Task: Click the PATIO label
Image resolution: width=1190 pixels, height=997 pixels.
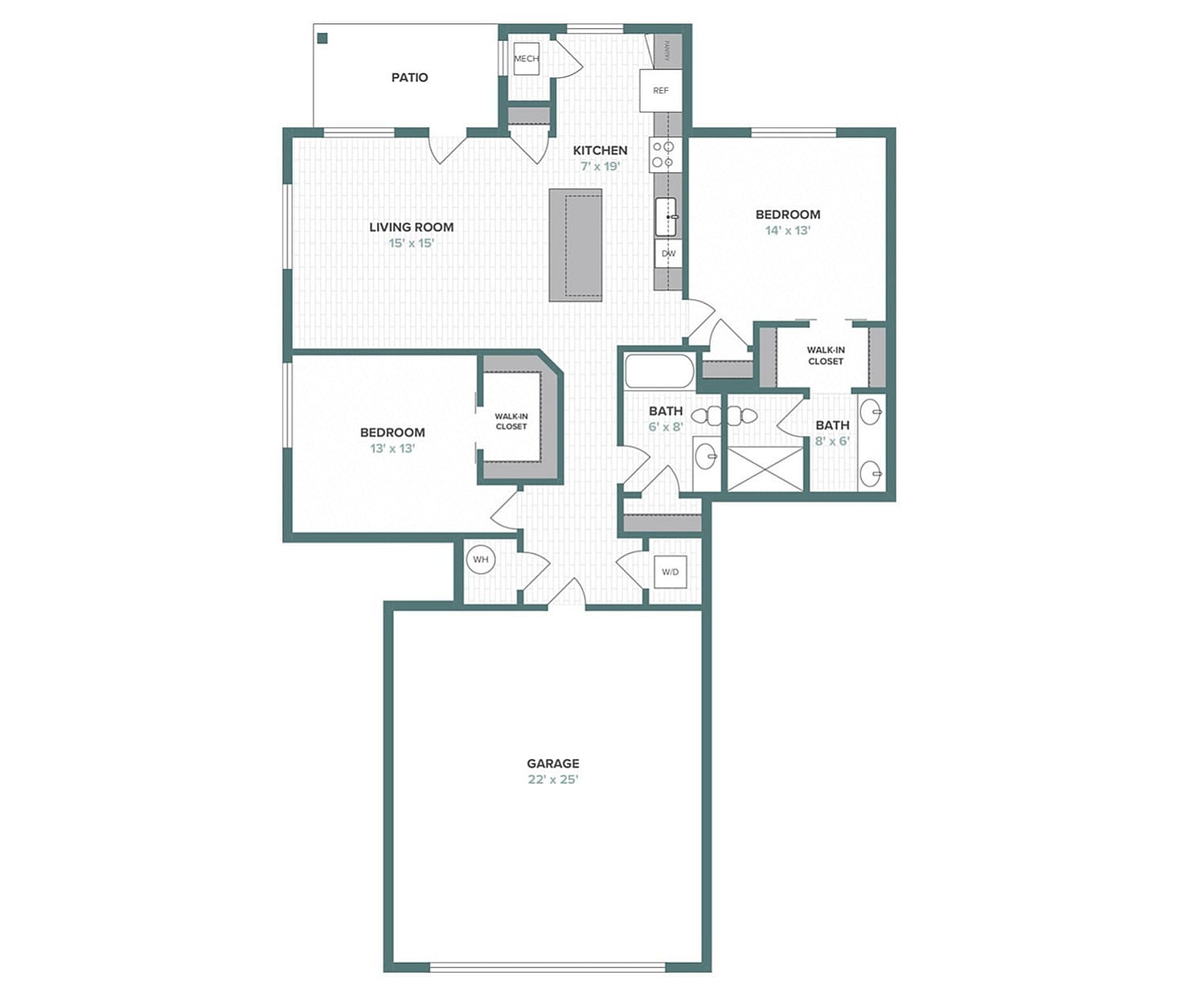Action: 409,78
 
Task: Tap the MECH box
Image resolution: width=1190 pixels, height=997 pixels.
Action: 527,59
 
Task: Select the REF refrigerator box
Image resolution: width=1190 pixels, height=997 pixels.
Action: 660,90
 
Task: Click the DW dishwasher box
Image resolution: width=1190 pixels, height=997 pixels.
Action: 668,253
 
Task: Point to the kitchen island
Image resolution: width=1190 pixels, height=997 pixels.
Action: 575,244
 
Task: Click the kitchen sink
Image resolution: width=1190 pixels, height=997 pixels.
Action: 667,216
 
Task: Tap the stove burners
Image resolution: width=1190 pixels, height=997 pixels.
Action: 663,154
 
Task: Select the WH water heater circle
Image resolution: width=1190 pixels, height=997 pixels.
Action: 481,560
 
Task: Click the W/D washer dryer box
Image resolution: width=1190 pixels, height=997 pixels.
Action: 670,572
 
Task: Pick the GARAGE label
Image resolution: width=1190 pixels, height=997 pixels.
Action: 553,763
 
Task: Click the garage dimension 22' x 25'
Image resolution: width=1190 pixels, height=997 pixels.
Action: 553,780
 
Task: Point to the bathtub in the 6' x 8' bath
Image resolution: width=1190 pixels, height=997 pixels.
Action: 659,371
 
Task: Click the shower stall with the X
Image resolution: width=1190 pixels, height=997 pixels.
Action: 765,469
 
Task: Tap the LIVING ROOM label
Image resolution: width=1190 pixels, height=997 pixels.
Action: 412,228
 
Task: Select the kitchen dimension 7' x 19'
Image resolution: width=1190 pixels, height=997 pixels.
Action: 601,166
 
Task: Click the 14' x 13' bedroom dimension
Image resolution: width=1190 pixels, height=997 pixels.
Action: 788,231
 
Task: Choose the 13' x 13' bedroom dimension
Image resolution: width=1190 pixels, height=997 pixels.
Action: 392,449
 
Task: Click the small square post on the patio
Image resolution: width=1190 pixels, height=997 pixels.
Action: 322,38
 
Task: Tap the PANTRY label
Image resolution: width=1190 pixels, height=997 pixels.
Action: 667,51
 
